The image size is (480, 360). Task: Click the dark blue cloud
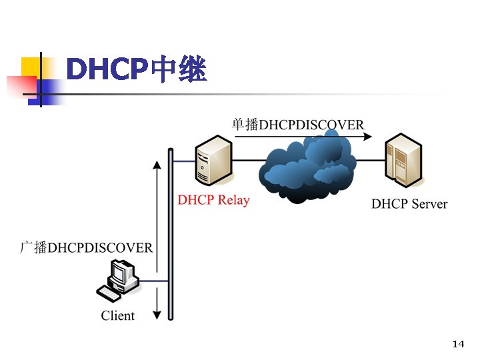point(307,167)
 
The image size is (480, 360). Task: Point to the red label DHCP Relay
point(213,200)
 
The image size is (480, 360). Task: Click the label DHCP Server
point(409,204)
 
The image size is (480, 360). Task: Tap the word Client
point(117,315)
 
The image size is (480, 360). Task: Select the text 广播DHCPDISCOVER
point(86,248)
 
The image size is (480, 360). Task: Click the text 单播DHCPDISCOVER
point(298,125)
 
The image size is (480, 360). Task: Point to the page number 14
point(457,344)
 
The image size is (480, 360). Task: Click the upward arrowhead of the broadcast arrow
point(157,164)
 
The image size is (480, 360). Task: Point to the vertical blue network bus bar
point(171,233)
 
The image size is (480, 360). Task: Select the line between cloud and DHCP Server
point(370,160)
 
